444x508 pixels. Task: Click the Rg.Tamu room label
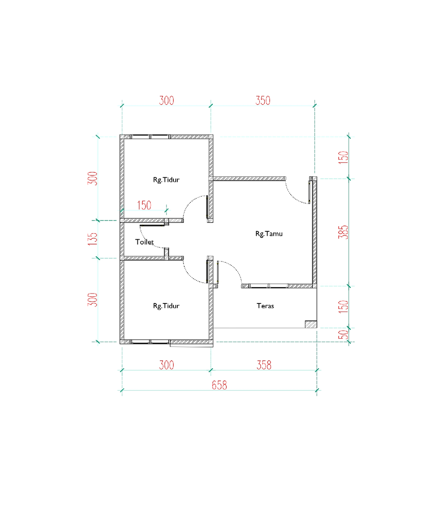point(269,234)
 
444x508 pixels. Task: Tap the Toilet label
point(144,242)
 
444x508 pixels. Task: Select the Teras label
point(265,306)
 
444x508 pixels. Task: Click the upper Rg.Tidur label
point(166,180)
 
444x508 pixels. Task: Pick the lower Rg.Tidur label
point(166,306)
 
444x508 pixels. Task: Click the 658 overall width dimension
point(219,385)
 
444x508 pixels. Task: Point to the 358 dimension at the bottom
point(264,365)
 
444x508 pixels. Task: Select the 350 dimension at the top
point(263,100)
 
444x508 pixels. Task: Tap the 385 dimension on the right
point(343,232)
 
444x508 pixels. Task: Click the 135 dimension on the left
point(92,239)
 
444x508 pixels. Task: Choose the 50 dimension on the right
point(343,335)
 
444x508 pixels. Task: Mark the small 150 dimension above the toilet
point(144,205)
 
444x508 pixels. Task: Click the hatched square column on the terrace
point(311,324)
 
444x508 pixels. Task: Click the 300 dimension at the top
point(166,100)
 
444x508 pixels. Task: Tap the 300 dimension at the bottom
point(166,365)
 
